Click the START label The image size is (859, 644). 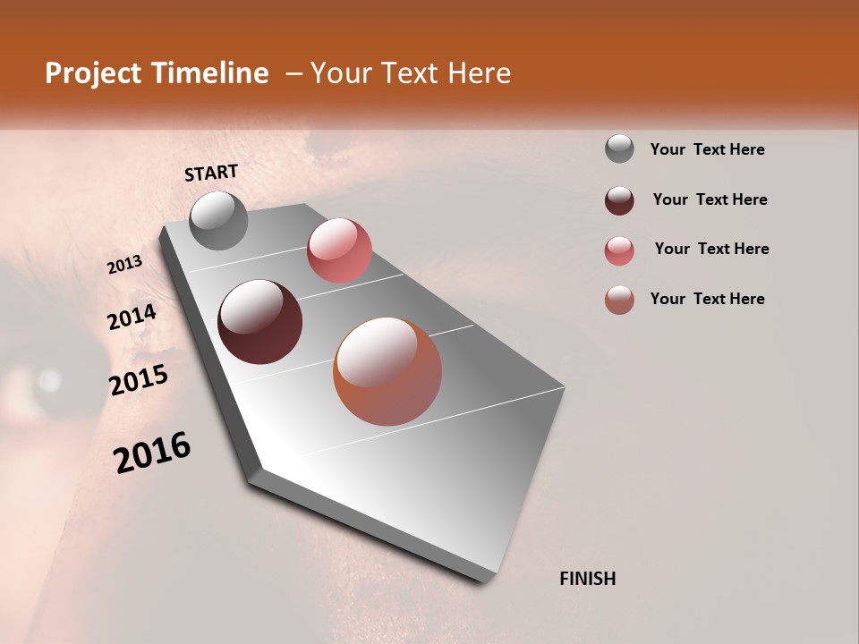(211, 173)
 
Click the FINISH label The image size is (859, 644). (587, 579)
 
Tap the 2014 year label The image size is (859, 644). (132, 317)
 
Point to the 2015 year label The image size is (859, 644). (139, 381)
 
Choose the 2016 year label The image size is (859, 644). (152, 453)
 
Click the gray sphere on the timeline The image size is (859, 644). (218, 220)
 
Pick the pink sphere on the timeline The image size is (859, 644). (339, 250)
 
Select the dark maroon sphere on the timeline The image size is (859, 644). (259, 322)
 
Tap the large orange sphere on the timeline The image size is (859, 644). (387, 371)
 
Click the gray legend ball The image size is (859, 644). (619, 149)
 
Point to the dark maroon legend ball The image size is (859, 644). (619, 200)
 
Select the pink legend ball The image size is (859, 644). (619, 250)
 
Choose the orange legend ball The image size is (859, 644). (619, 300)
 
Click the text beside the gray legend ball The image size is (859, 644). (707, 149)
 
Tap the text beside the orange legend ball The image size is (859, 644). (707, 299)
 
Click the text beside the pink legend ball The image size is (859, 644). (711, 249)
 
